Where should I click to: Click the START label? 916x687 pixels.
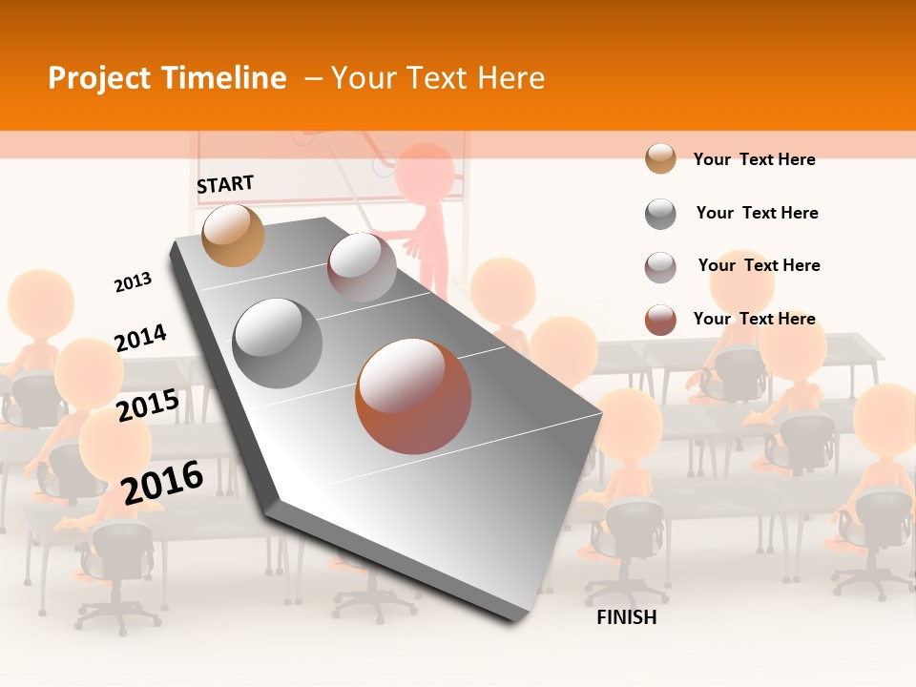coord(225,184)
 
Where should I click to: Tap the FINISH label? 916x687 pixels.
coord(626,617)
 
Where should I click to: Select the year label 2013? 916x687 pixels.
coord(133,282)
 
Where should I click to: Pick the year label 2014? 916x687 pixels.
coord(140,338)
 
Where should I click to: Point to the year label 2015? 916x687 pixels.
coord(147,406)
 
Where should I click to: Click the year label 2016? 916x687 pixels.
coord(162,482)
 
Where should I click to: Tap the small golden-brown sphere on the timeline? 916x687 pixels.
coord(233,235)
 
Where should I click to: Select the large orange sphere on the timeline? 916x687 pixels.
coord(413,396)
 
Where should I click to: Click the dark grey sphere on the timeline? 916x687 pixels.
coord(278,343)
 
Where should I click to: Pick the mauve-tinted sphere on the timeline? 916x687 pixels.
coord(362,267)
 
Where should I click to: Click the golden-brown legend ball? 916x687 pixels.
coord(660,158)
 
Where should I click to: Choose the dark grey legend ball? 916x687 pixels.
coord(660,214)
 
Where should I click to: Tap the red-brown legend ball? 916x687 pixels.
coord(660,320)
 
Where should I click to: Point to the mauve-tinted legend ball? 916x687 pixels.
coord(660,267)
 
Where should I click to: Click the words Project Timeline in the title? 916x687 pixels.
coord(167,78)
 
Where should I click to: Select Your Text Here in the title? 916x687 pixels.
coord(438,78)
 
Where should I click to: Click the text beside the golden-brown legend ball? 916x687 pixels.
coord(754,159)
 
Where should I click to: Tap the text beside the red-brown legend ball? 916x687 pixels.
coord(754,319)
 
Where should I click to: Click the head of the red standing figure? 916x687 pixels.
coord(425,173)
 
